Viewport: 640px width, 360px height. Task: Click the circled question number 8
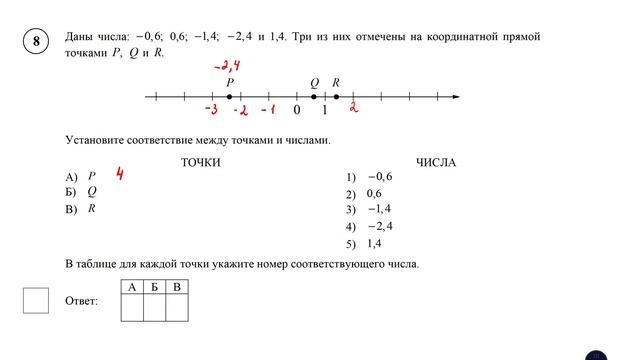[36, 42]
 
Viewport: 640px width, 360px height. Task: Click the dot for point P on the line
[229, 97]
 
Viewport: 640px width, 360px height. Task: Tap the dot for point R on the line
[336, 97]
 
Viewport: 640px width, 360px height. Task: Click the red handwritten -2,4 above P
[229, 66]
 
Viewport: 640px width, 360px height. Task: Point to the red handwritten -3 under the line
[210, 109]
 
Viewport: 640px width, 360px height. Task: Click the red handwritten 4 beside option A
[119, 175]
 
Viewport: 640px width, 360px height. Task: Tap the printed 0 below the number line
[297, 110]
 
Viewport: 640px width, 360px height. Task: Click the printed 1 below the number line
[324, 110]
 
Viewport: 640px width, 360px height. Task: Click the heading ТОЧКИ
[200, 162]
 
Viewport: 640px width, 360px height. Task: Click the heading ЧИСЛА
[435, 162]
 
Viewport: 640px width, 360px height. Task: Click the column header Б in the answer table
[154, 287]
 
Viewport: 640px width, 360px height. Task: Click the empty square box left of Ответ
[36, 300]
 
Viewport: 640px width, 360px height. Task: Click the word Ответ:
[81, 301]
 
